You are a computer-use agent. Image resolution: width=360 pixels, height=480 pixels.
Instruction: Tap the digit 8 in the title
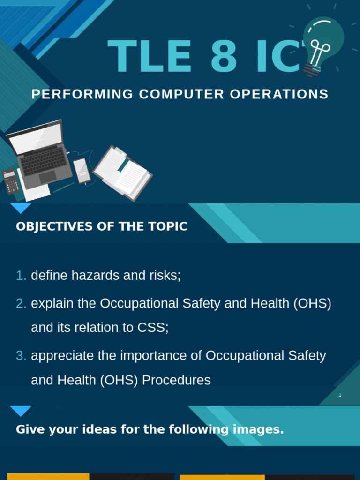click(x=226, y=57)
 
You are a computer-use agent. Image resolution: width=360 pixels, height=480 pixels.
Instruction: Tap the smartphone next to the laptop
click(x=82, y=171)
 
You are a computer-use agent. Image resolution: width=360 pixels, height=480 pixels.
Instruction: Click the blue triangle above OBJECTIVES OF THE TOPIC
click(x=21, y=208)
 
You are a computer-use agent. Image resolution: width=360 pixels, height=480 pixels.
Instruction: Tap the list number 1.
click(x=21, y=276)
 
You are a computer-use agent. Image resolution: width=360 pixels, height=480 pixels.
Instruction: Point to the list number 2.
click(x=21, y=304)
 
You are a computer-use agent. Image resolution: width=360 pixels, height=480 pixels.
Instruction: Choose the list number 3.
click(x=21, y=356)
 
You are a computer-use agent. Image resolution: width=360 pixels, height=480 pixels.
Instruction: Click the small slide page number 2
click(x=340, y=395)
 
